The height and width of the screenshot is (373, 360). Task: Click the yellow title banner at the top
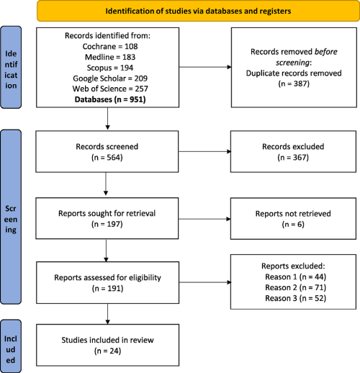(198, 11)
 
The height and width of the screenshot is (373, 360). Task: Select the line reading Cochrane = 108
(110, 46)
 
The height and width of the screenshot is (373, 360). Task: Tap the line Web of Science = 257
(110, 89)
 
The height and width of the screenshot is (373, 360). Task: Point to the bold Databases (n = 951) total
(110, 99)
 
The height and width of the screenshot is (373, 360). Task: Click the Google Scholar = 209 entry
(110, 78)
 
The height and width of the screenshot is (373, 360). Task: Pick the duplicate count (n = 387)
(294, 84)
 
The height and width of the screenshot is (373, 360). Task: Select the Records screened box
(107, 151)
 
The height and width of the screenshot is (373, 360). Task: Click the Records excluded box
(293, 151)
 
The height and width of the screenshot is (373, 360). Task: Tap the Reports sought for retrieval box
(107, 218)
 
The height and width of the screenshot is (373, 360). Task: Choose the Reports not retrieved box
(293, 218)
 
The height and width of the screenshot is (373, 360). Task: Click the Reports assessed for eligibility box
(107, 282)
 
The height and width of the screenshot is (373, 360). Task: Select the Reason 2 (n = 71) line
(295, 287)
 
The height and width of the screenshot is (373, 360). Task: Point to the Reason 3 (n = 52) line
(295, 298)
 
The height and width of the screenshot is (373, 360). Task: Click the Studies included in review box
(107, 345)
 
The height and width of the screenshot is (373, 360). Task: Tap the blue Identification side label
(11, 68)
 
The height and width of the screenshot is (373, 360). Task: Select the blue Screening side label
(11, 217)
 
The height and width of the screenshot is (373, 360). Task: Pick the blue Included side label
(11, 346)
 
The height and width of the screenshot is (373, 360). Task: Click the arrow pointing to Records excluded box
(204, 151)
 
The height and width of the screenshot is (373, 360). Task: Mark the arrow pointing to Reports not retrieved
(204, 219)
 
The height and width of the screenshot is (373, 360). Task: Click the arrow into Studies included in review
(107, 314)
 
